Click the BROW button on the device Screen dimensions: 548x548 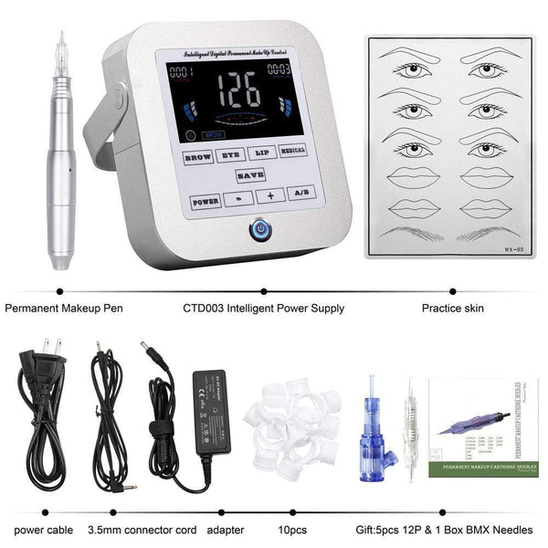pos(198,156)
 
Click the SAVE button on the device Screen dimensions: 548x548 pos(248,174)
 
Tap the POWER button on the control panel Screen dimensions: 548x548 pos(205,199)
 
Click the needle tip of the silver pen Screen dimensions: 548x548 pos(62,38)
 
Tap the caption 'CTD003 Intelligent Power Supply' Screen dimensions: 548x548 pos(264,309)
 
